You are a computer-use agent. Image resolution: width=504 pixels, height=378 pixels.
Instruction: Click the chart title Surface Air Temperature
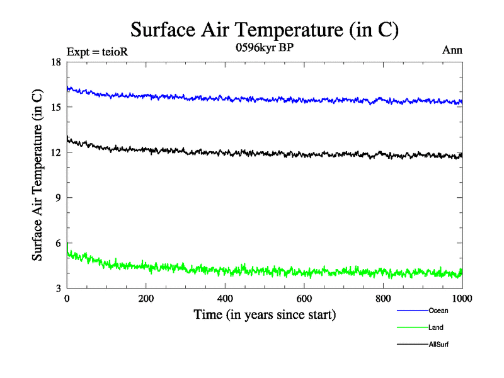(265, 30)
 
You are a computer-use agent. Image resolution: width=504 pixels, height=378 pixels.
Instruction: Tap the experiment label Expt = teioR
(97, 51)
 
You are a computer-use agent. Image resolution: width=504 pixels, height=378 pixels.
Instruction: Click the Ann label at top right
(452, 50)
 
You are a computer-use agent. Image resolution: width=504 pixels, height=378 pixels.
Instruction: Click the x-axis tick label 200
(146, 299)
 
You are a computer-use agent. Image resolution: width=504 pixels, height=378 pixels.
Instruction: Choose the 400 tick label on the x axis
(225, 299)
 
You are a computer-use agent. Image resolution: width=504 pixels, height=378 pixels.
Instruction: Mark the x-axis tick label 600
(304, 299)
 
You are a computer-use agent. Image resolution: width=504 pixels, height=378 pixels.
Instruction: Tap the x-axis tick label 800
(383, 299)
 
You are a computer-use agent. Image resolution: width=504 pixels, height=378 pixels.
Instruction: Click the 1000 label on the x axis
(462, 299)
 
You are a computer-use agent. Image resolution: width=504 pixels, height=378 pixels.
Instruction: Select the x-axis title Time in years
(265, 314)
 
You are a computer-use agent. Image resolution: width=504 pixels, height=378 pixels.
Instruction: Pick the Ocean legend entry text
(438, 311)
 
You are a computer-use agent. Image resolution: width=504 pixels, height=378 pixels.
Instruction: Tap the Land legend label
(436, 328)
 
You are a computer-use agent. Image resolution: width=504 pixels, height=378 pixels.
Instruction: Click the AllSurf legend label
(438, 345)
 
